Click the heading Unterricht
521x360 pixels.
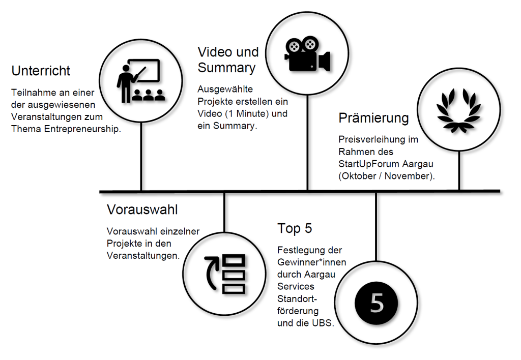click(x=41, y=71)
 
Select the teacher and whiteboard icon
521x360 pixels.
click(x=140, y=81)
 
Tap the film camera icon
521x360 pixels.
click(x=307, y=54)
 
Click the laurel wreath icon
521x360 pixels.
click(x=458, y=110)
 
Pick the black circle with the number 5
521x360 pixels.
click(x=376, y=303)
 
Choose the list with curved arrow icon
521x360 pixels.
click(x=225, y=274)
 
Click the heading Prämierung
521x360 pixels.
click(x=373, y=118)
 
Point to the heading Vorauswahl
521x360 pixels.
click(x=142, y=209)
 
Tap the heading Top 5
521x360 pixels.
click(x=295, y=228)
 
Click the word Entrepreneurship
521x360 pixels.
click(x=82, y=129)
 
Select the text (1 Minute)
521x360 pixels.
click(x=247, y=113)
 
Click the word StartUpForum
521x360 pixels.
click(x=369, y=164)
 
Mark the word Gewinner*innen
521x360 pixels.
click(x=312, y=262)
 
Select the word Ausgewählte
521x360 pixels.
click(x=225, y=89)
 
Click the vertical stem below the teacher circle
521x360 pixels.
click(x=141, y=157)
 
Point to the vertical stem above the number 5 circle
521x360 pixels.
click(x=376, y=227)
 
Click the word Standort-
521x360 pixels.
click(x=297, y=299)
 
